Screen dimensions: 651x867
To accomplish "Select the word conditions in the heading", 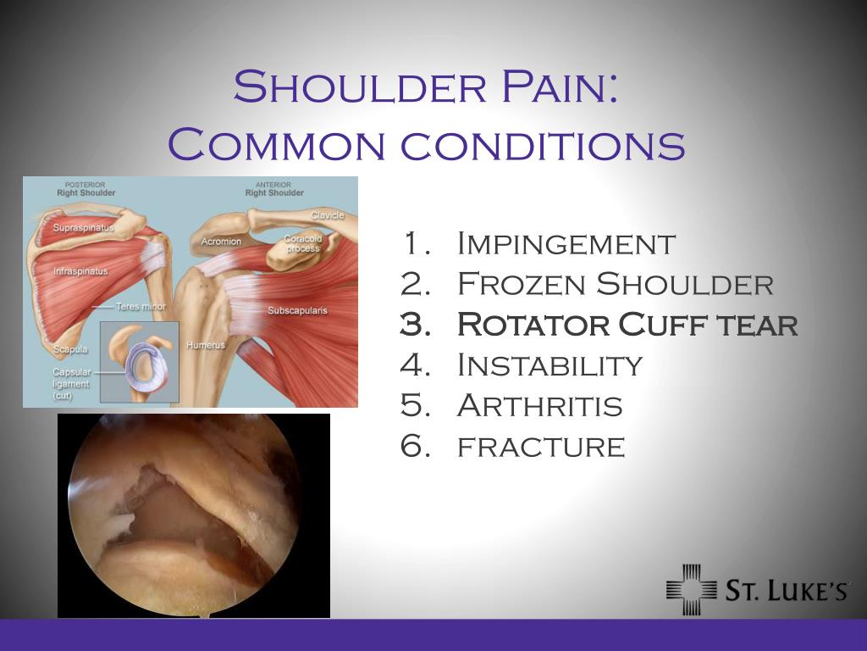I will click(x=543, y=146).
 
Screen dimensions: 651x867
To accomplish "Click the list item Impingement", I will click(x=566, y=244).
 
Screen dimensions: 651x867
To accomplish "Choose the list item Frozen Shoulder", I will click(x=615, y=284).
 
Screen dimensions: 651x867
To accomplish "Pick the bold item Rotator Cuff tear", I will click(x=627, y=324).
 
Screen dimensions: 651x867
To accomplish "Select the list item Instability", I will click(x=549, y=365).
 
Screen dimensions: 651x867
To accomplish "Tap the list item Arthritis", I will click(x=539, y=406).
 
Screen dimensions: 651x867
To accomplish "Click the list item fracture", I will click(x=541, y=446).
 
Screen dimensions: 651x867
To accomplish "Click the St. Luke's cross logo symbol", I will click(x=691, y=589).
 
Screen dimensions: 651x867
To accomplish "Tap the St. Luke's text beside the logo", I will click(x=787, y=591).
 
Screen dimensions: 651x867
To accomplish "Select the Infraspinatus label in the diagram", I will click(x=80, y=272).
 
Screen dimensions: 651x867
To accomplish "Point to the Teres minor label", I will click(x=141, y=306).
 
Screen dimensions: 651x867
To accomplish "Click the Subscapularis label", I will click(x=297, y=310).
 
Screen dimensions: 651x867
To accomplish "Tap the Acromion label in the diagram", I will click(x=221, y=242).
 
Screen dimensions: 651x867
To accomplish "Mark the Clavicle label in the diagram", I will click(x=327, y=215).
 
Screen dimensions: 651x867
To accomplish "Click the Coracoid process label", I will click(x=303, y=243).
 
